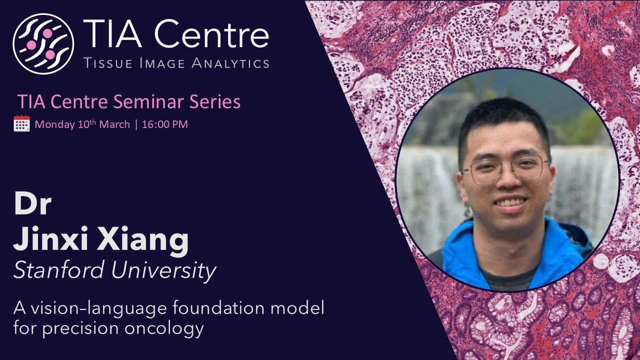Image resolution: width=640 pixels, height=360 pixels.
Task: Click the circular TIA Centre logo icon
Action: point(43,44)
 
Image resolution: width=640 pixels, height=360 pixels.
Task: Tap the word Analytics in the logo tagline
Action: point(236,63)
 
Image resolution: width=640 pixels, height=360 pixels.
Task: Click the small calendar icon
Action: point(21,123)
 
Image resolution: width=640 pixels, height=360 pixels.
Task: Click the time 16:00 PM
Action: point(165,124)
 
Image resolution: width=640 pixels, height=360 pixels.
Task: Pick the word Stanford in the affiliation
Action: point(58,270)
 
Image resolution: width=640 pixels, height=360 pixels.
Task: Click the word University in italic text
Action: point(163,270)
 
